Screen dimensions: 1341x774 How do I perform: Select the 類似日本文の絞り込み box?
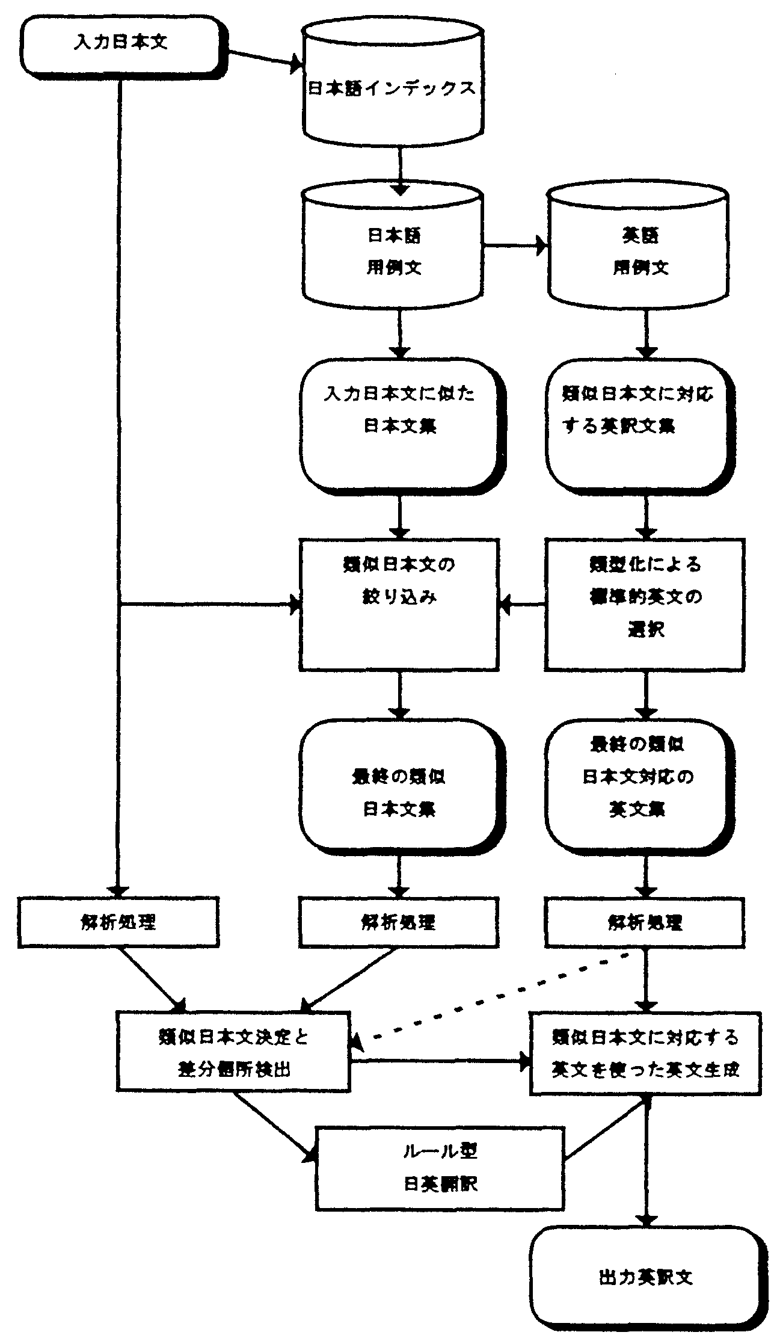point(399,604)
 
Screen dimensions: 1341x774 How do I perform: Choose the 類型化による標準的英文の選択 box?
point(645,604)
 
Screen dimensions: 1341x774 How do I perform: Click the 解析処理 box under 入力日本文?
point(118,922)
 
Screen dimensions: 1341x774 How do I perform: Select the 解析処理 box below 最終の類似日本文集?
point(399,922)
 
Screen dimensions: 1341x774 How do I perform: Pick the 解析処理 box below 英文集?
point(645,922)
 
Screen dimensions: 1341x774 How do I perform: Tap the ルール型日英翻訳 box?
point(440,1167)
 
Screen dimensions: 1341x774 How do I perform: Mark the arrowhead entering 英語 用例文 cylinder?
point(543,245)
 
